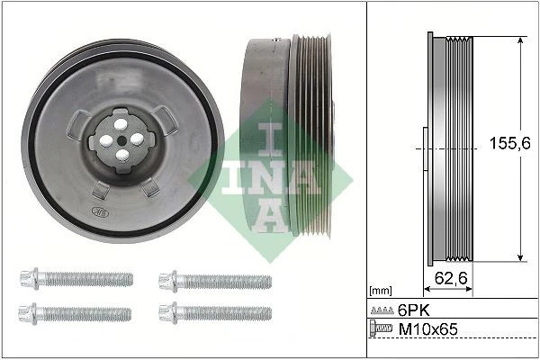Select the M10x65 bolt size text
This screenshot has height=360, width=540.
[x=426, y=330]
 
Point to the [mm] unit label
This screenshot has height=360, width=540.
[x=381, y=291]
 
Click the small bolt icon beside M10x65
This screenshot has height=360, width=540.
[x=382, y=330]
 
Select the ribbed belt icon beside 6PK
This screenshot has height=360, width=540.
[x=382, y=310]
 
